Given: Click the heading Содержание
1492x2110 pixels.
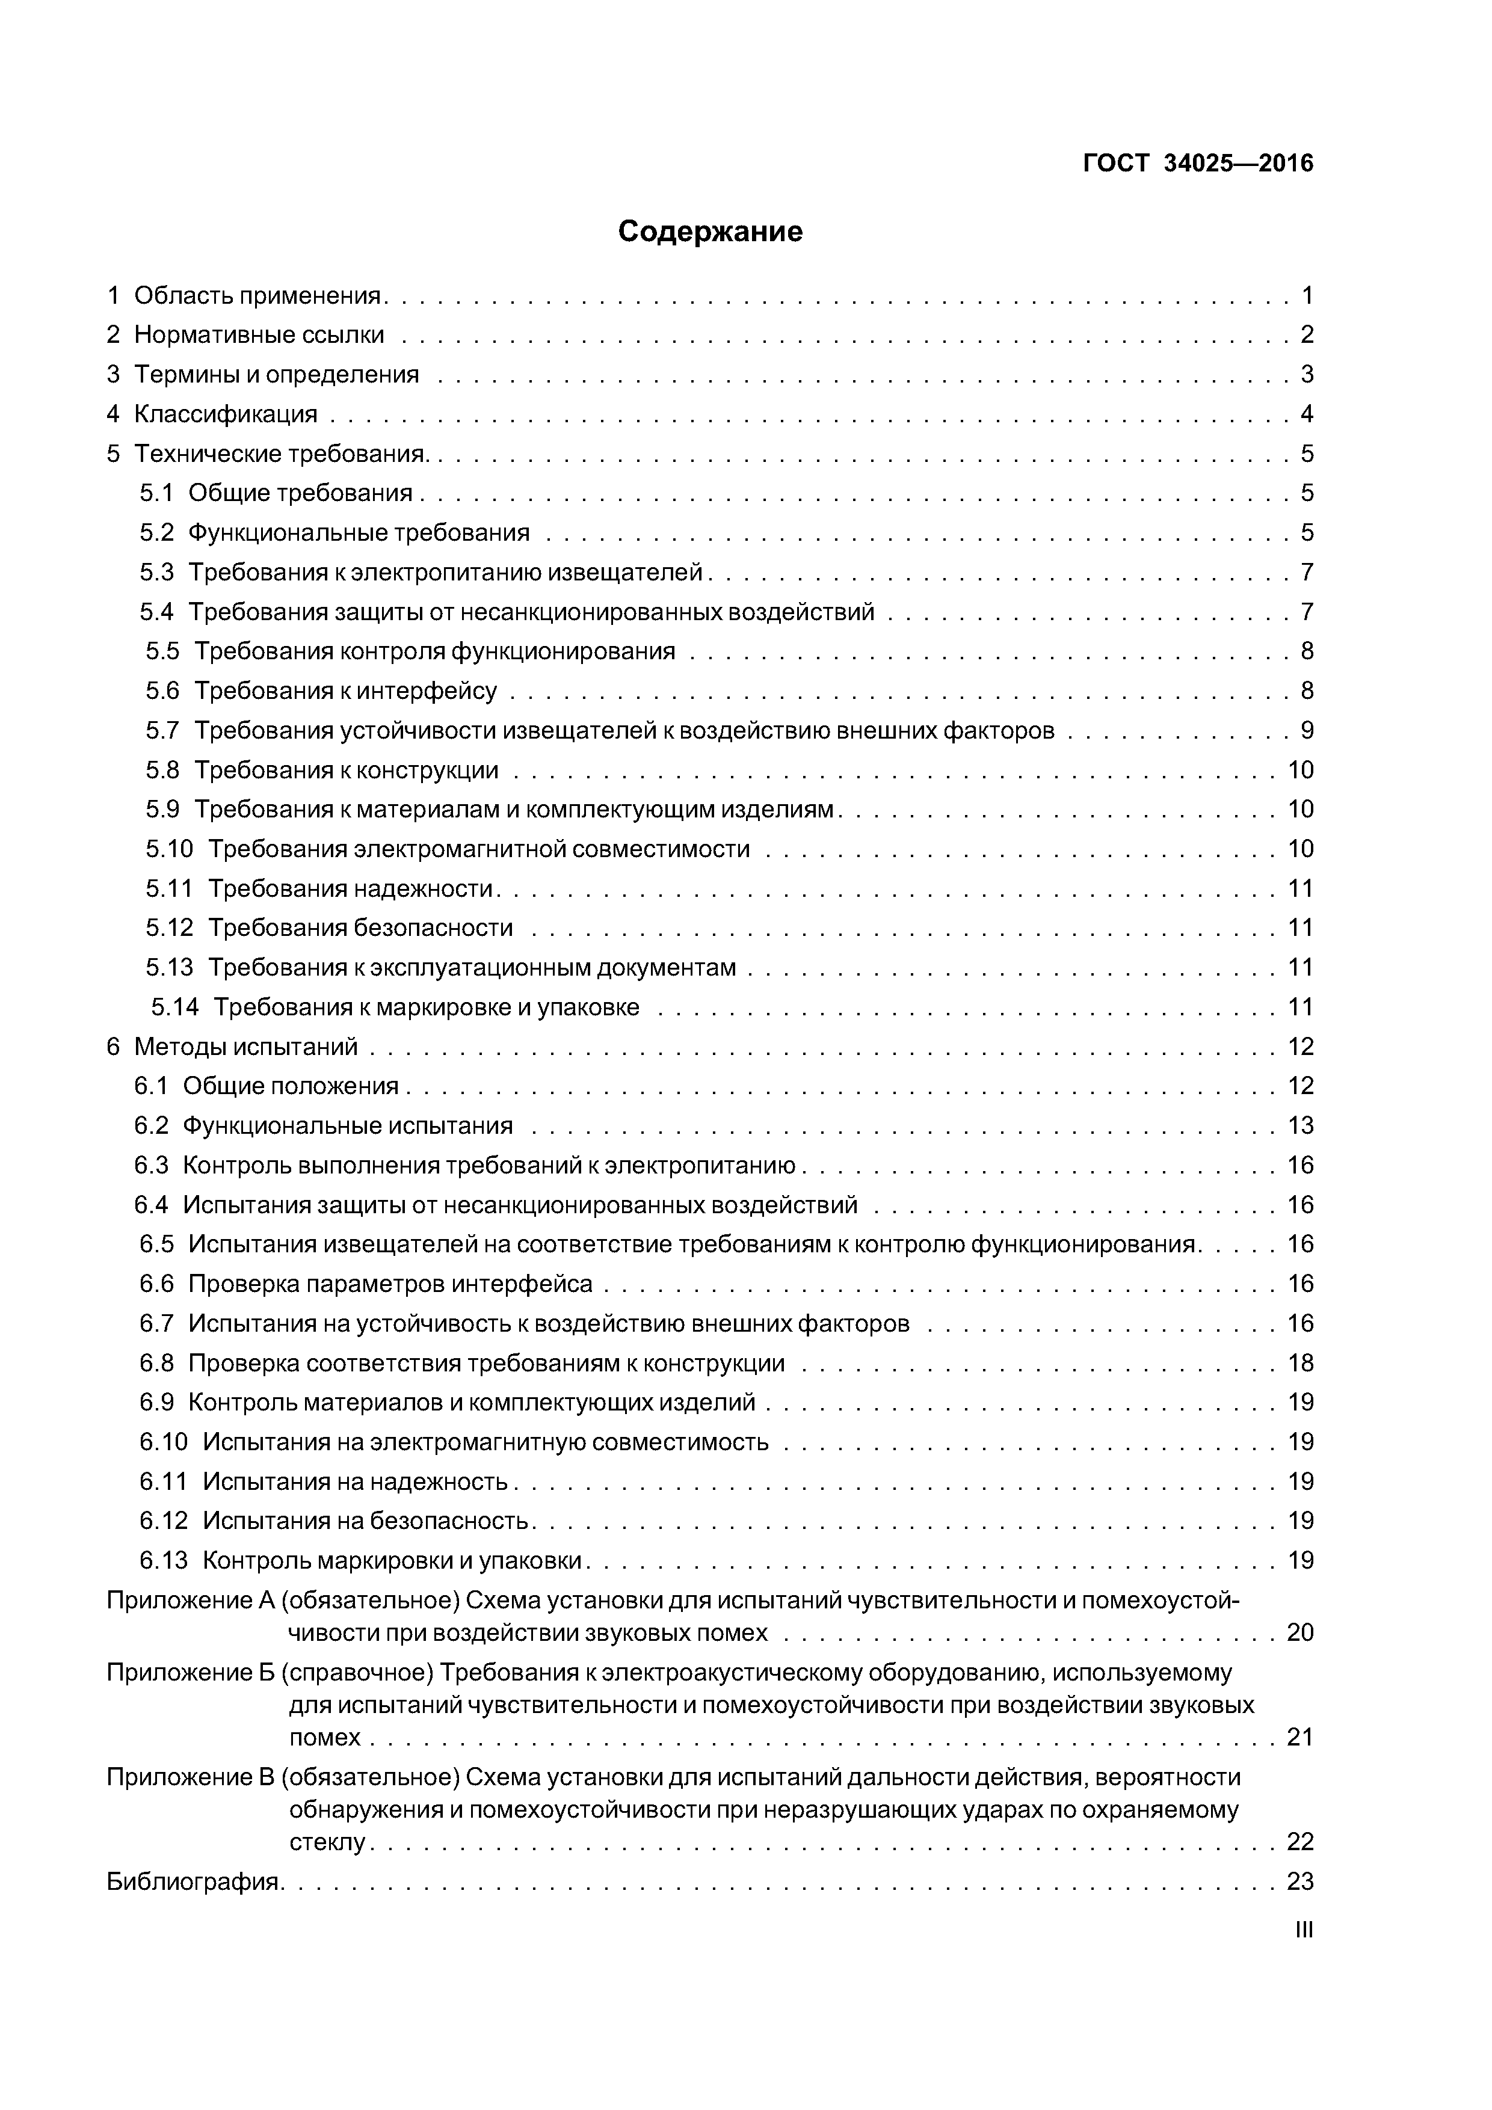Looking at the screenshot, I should click(710, 232).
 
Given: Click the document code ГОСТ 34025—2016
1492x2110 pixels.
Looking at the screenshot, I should click(1198, 164).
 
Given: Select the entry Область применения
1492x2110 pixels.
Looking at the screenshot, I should click(257, 296).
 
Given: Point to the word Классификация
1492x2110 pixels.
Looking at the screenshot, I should click(225, 414).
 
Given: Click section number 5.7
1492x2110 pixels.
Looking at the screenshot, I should click(162, 731).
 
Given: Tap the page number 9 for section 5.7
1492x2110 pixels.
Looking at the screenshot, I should click(1306, 731).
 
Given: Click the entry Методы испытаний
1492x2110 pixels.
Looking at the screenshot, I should click(245, 1047).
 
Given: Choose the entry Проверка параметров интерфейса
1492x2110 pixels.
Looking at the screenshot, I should click(390, 1284).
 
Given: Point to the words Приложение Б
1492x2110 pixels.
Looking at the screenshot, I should click(191, 1673).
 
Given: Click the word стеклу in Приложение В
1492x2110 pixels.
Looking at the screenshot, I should click(327, 1842).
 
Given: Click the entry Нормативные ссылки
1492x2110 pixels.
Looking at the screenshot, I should click(259, 336).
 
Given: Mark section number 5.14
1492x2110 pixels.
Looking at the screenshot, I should click(174, 1007).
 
